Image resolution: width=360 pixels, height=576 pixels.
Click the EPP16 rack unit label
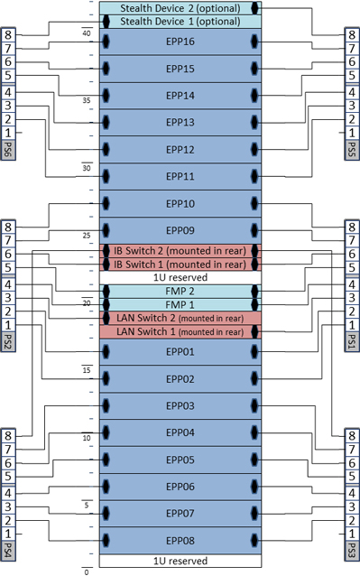click(x=180, y=42)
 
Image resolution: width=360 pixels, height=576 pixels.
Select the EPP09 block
click(x=180, y=230)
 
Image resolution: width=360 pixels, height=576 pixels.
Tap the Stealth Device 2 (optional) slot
click(x=180, y=7)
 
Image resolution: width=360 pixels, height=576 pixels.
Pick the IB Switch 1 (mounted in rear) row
click(x=180, y=264)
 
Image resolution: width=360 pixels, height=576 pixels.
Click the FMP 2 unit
click(x=180, y=292)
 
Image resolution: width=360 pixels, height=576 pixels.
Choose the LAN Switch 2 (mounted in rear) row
click(x=180, y=319)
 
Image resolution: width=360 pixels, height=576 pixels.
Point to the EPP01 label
click(x=180, y=351)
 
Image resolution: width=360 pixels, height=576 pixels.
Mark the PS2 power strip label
click(x=8, y=343)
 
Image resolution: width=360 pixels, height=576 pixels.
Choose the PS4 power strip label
click(x=8, y=549)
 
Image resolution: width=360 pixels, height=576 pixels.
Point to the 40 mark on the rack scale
click(x=87, y=33)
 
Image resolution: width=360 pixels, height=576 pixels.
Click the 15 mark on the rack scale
click(x=87, y=369)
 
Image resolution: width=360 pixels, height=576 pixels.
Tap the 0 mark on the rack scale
click(x=87, y=571)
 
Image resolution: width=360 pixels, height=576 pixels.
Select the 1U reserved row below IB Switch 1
click(x=180, y=277)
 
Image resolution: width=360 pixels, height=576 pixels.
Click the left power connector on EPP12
click(x=106, y=149)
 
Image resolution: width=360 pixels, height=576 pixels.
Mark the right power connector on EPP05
click(x=255, y=460)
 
